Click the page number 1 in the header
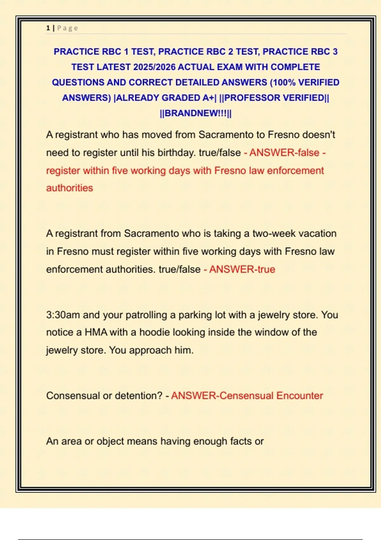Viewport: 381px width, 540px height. [x=48, y=28]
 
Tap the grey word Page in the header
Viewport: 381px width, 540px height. [x=67, y=28]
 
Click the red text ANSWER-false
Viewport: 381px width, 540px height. [x=284, y=153]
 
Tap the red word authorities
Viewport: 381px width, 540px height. [x=70, y=188]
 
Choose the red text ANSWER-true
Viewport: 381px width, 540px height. [x=242, y=269]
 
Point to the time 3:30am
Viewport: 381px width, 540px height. [x=63, y=315]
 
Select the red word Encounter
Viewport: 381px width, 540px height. [x=299, y=395]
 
